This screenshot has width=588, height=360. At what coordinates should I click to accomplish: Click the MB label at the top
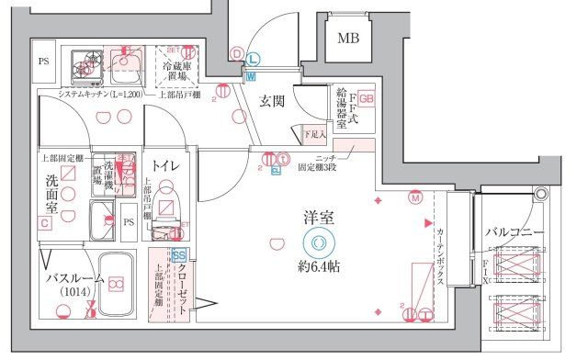(348, 38)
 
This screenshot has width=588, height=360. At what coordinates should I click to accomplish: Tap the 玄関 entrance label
(271, 101)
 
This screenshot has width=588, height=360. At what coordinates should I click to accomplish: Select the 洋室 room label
(319, 219)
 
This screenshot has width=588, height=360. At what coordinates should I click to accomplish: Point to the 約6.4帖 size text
(319, 266)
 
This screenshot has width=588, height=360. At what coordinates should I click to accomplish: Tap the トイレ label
(166, 165)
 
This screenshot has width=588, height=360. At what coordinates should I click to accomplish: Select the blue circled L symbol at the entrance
(253, 59)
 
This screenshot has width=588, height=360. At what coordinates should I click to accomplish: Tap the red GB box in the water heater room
(367, 97)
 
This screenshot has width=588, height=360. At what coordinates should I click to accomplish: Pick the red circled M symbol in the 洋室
(414, 197)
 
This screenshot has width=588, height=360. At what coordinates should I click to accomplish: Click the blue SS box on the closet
(179, 255)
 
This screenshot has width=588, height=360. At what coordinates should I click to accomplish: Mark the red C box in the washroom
(44, 223)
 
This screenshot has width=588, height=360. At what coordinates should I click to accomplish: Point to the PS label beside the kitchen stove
(43, 62)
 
